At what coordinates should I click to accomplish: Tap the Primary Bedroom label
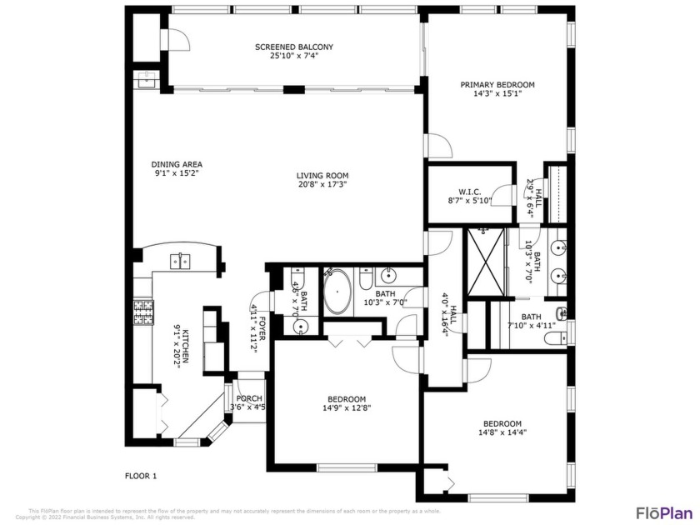tap(497, 84)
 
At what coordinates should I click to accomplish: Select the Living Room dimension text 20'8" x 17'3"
tap(322, 185)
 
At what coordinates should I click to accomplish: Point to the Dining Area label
tap(177, 164)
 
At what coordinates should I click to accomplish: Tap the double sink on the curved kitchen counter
tap(180, 261)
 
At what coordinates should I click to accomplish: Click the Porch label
tap(249, 398)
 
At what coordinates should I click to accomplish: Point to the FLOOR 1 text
tap(141, 476)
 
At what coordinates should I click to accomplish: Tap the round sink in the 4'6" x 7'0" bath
tap(301, 327)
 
